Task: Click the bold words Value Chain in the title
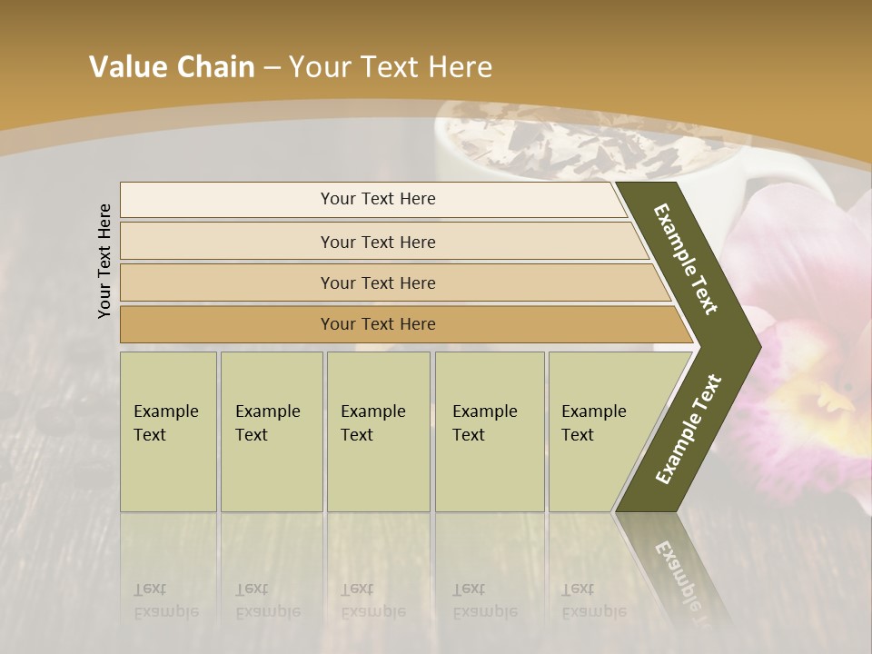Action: [x=172, y=67]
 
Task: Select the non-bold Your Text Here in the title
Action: [x=391, y=67]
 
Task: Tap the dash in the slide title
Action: [x=272, y=68]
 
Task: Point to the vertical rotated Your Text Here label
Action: [x=104, y=261]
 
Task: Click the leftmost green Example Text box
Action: [x=168, y=431]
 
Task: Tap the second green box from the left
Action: [x=271, y=431]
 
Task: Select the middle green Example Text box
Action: [x=378, y=431]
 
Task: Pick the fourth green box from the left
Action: [x=490, y=431]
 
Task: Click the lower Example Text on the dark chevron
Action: [x=689, y=429]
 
